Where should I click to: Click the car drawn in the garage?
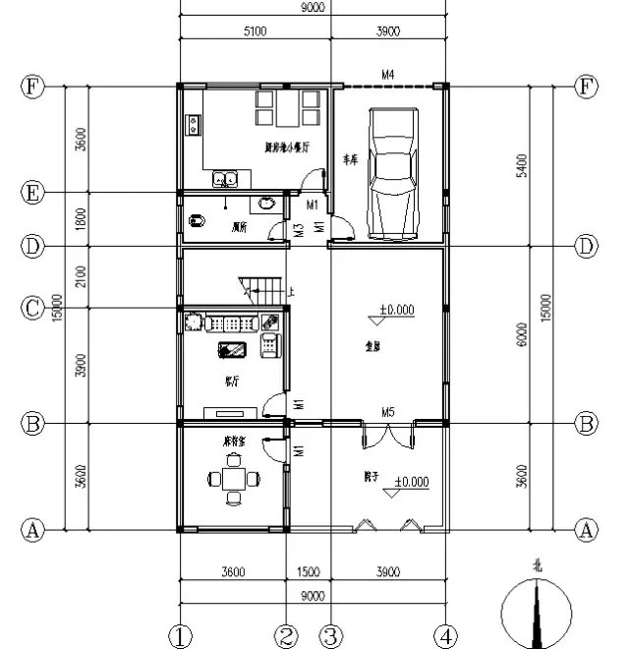coord(390,172)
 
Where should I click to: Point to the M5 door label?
coord(388,411)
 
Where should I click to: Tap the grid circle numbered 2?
coord(286,634)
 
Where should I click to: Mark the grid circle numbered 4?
coord(447,634)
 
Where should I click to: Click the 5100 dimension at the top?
coord(254,32)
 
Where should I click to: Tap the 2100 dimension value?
coord(81,276)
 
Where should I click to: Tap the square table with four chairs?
coord(233,481)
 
